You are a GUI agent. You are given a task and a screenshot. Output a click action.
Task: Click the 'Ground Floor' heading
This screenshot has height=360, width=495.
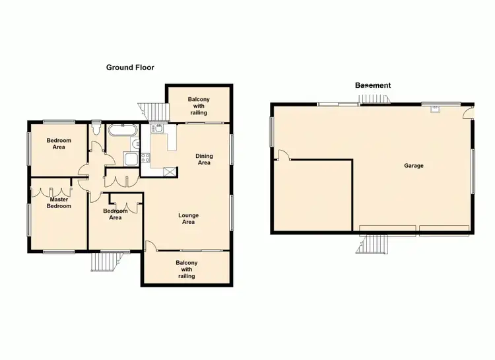coord(131,67)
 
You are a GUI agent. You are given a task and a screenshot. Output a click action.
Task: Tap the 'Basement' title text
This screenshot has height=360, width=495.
coord(373,85)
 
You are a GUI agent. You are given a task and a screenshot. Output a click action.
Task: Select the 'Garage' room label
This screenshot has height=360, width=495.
coord(414,166)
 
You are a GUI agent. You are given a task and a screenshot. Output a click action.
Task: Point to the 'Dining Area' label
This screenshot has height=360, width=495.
coord(204,159)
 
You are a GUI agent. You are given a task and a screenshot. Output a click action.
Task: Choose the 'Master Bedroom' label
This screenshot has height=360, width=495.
coord(58,202)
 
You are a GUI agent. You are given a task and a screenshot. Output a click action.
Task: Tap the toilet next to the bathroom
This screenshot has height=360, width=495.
coord(96,133)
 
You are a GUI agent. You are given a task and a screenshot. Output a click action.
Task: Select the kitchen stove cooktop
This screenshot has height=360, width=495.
coord(146,157)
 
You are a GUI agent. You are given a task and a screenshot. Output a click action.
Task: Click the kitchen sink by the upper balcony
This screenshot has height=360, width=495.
coord(158,128)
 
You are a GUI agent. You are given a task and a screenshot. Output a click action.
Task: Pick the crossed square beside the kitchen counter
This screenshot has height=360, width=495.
coord(170,172)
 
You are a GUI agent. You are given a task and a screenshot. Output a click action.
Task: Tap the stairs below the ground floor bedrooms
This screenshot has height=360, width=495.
coord(103,262)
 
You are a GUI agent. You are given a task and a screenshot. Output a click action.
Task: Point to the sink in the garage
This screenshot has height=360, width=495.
coord(434,110)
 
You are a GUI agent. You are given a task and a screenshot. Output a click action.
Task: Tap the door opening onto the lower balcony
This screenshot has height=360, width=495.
coord(151,246)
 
